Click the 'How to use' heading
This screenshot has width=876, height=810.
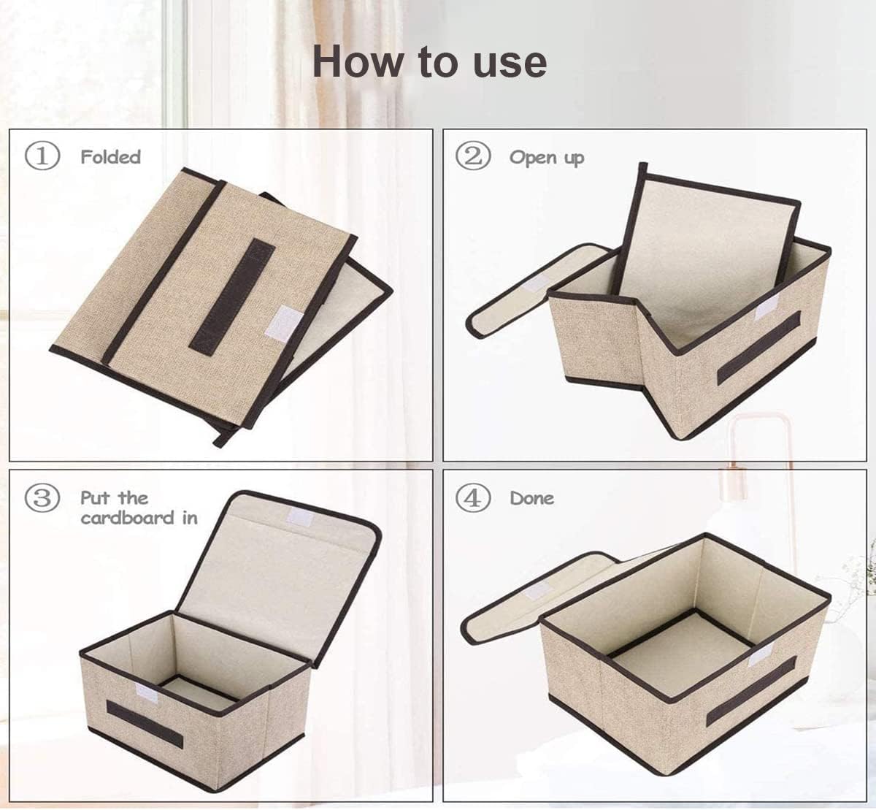(430, 63)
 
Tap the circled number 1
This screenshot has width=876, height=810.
(42, 157)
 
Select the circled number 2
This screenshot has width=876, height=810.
(473, 157)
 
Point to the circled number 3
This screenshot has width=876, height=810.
(42, 498)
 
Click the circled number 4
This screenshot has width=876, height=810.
(473, 498)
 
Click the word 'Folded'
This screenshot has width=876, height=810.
(111, 157)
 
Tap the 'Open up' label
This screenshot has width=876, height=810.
(547, 158)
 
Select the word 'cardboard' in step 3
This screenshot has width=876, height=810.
(128, 518)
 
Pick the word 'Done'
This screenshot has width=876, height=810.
(532, 498)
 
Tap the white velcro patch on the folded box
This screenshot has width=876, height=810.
(285, 324)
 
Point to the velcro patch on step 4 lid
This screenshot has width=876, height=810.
(537, 590)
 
